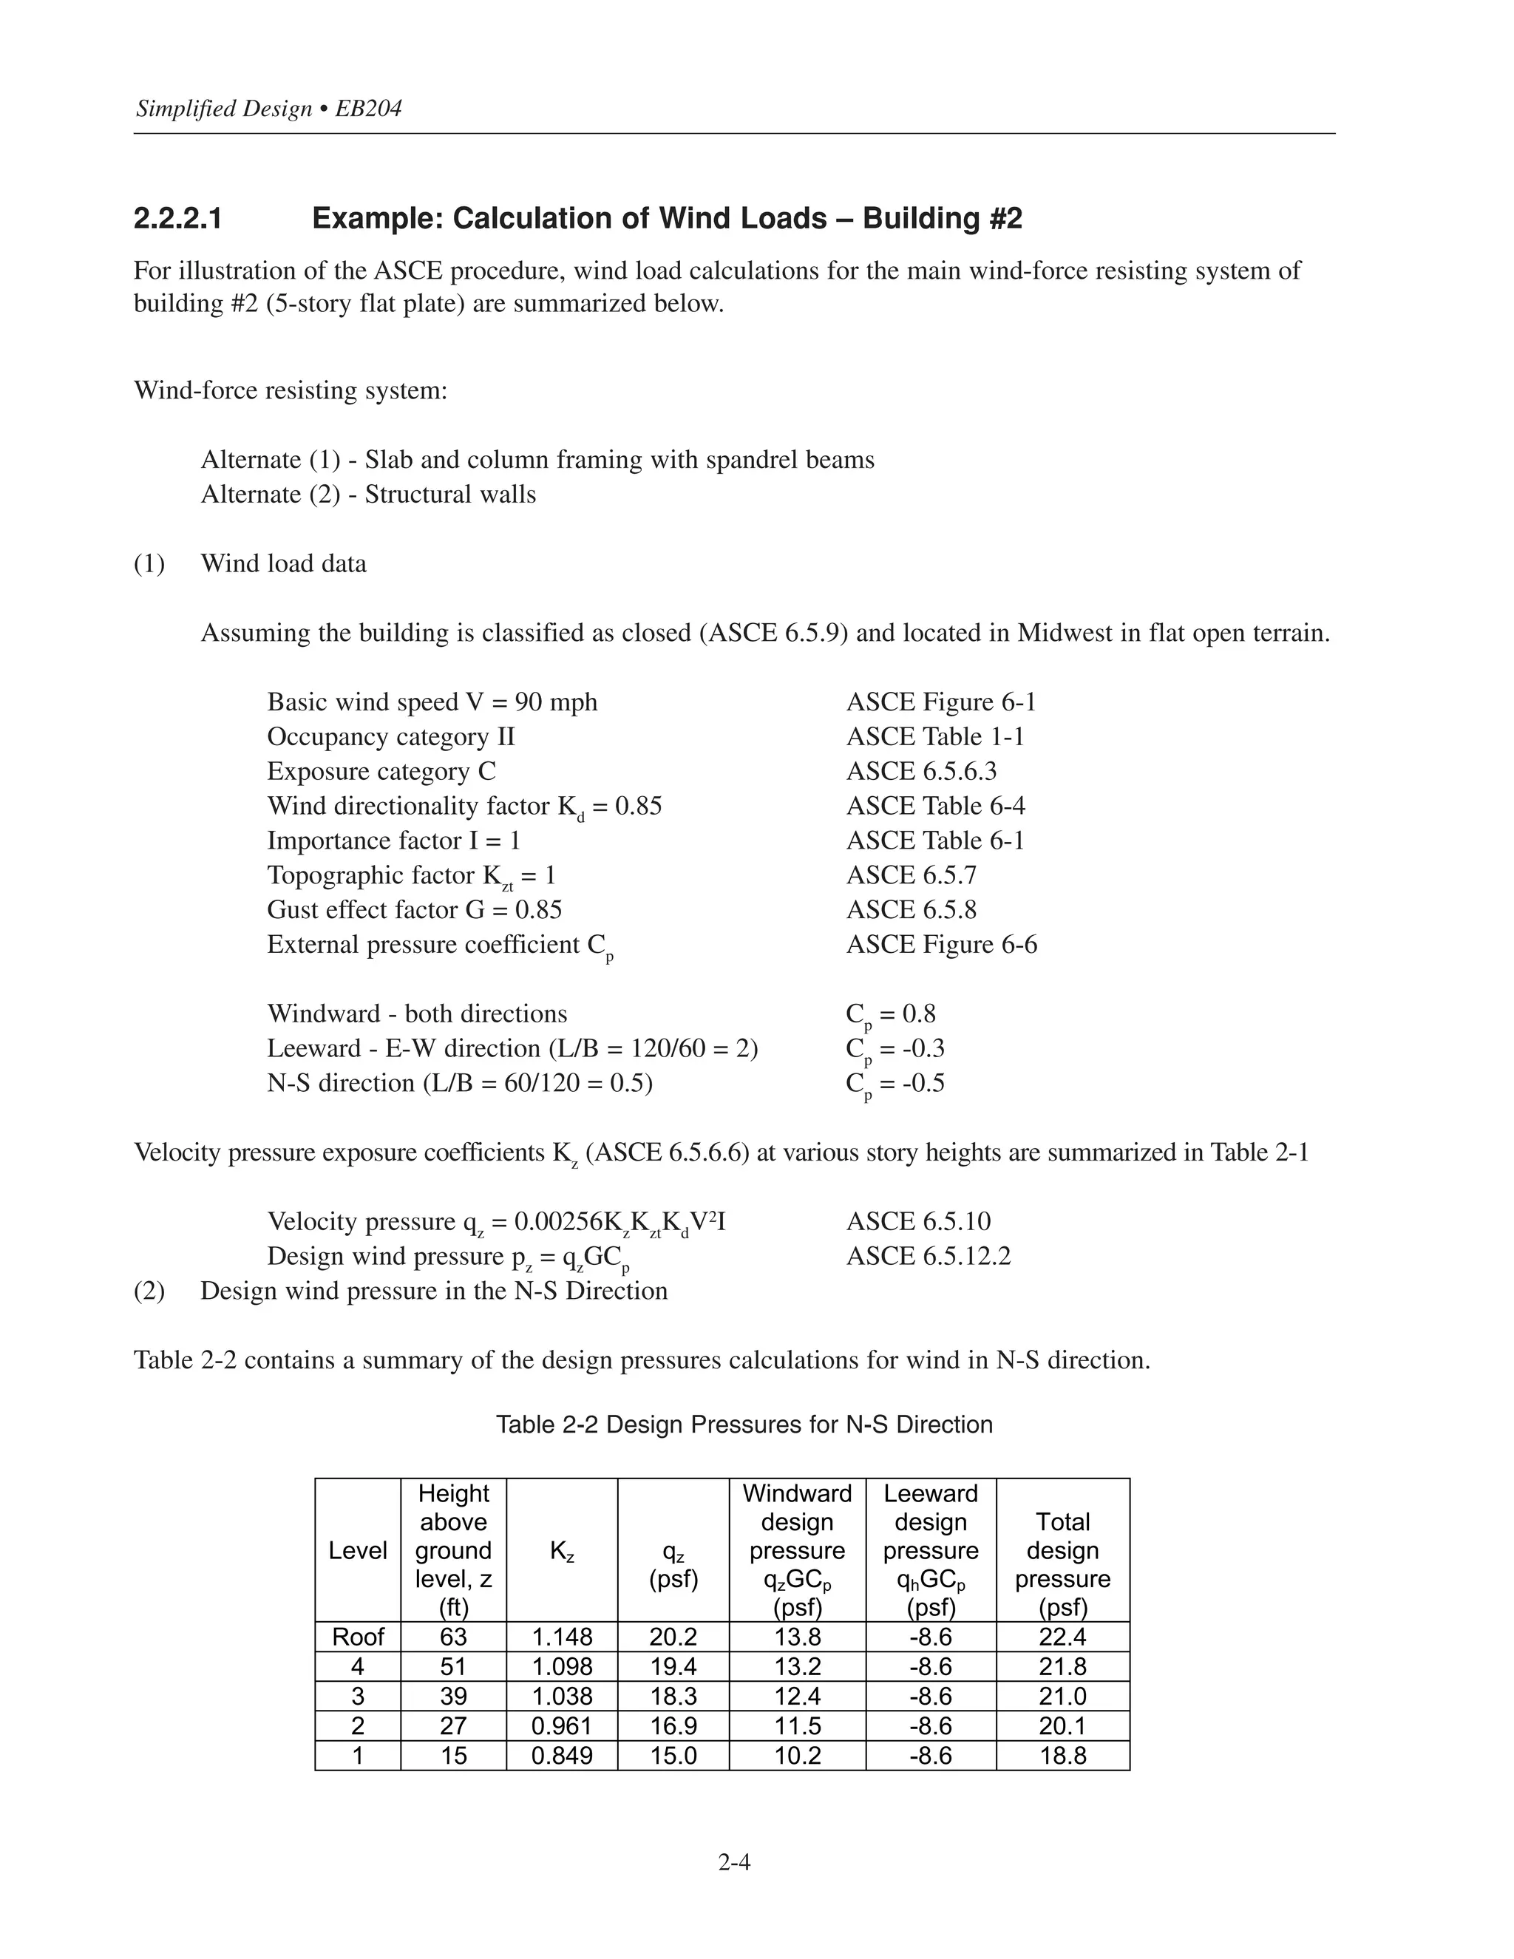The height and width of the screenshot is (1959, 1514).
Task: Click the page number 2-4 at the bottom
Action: tap(733, 1863)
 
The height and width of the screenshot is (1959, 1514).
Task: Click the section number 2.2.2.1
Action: tap(177, 219)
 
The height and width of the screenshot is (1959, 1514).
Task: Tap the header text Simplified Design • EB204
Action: tap(268, 109)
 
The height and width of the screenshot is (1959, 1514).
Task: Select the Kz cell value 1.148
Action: tap(562, 1637)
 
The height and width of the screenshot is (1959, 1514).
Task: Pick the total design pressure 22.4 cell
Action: tap(1062, 1637)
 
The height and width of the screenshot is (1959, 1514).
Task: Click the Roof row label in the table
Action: tap(357, 1637)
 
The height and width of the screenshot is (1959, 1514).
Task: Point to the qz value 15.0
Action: tap(673, 1756)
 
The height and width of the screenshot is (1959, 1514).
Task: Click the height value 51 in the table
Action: tap(453, 1666)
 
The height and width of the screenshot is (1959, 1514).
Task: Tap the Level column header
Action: tap(357, 1551)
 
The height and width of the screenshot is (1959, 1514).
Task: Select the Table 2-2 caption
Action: tap(744, 1425)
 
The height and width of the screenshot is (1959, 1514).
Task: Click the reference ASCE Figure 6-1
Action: tap(940, 702)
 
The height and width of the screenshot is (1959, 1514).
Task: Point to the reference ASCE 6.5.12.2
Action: tap(928, 1256)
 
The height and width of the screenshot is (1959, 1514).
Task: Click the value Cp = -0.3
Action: tap(895, 1048)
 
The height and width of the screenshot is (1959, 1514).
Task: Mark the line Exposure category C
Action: tap(381, 771)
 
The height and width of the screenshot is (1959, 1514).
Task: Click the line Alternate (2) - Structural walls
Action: tap(367, 495)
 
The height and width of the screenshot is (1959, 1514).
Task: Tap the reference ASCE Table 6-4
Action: tap(934, 806)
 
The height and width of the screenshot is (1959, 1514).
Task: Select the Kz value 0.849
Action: tap(562, 1756)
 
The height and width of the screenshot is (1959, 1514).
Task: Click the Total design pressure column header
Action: tap(1062, 1551)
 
